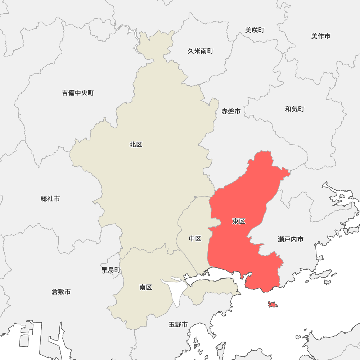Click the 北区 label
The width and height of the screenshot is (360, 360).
point(136,145)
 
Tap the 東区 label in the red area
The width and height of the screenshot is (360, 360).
point(239,221)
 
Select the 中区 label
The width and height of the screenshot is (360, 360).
point(195,239)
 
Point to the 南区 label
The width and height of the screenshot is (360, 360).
point(146,287)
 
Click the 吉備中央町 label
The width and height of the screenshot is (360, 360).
point(78,93)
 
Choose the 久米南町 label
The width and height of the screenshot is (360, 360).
point(201,51)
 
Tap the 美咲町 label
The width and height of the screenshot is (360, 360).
point(255,30)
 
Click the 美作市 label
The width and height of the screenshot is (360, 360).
point(321,36)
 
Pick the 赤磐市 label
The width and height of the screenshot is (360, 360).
point(231,112)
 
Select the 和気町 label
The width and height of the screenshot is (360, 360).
point(294,109)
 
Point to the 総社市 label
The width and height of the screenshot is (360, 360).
point(50,199)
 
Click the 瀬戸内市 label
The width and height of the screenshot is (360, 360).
point(291,239)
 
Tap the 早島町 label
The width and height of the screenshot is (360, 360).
point(111,270)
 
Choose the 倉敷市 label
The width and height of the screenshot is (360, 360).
point(61,292)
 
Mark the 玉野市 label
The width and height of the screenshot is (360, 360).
point(178,325)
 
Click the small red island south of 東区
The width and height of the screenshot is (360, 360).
point(273,305)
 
